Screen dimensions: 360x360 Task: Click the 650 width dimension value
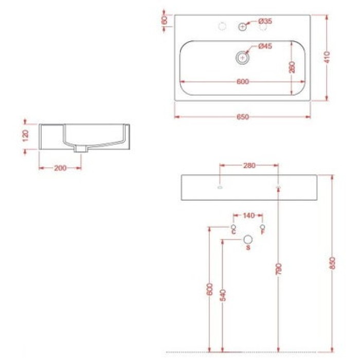click(243, 117)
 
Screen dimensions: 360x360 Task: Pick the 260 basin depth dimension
click(292, 67)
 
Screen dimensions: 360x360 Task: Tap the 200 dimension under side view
click(60, 168)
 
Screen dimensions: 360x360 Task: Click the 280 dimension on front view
click(249, 166)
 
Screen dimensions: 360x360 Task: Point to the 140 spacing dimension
click(249, 215)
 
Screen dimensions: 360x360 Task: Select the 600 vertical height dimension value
click(209, 290)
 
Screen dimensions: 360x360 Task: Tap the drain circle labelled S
click(248, 239)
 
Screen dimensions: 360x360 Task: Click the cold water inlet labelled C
click(234, 227)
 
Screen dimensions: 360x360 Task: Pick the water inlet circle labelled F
click(263, 227)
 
